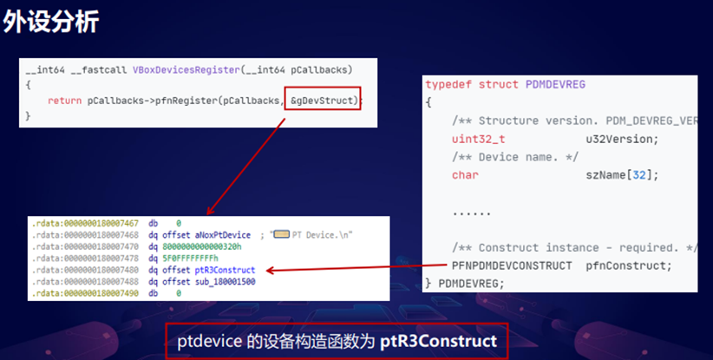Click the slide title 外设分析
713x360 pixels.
click(50, 23)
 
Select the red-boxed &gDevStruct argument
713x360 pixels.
click(323, 101)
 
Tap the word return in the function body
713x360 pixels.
click(65, 101)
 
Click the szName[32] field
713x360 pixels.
click(623, 175)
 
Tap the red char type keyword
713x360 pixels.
click(465, 175)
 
